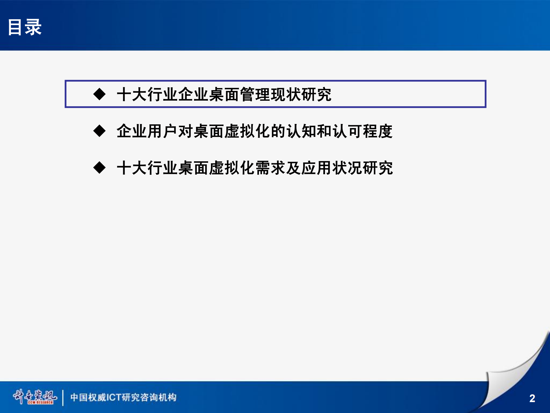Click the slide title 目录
tap(25, 28)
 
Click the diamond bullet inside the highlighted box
tap(99, 94)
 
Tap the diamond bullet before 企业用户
tap(99, 131)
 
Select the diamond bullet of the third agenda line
tap(99, 168)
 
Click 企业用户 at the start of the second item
tap(147, 131)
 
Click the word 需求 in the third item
tap(271, 168)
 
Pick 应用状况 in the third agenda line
tap(332, 168)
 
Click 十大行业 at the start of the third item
tap(147, 168)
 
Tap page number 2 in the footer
tap(532, 398)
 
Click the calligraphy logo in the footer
tap(35, 397)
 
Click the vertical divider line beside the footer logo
tap(63, 398)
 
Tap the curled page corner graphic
tap(513, 373)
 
